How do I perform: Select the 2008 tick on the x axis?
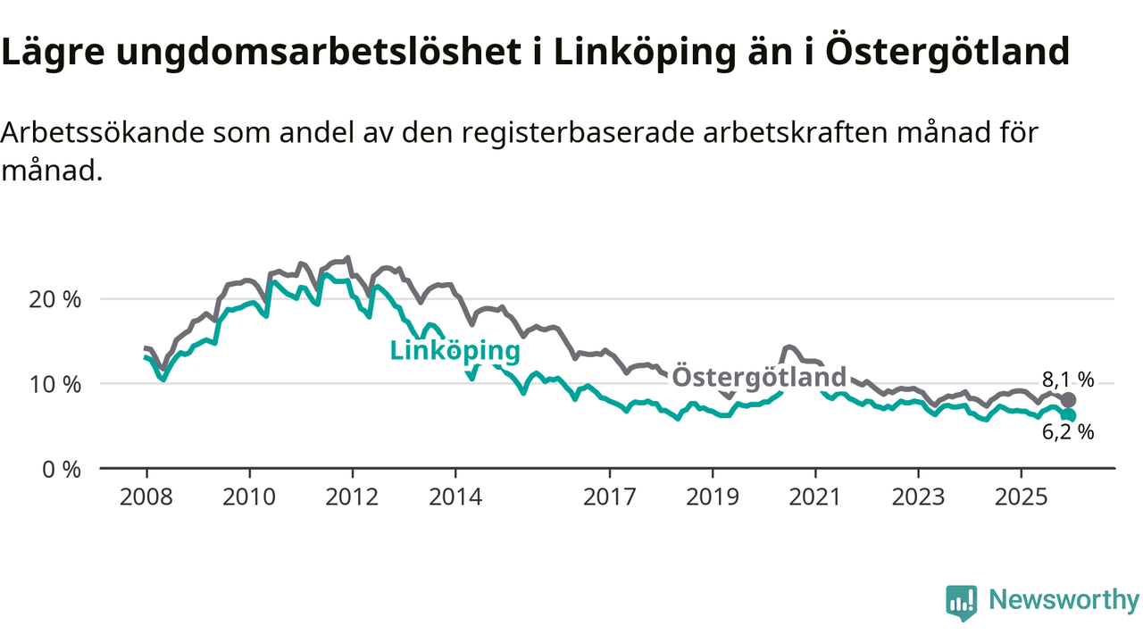tap(146, 497)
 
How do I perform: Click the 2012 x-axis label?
tap(352, 497)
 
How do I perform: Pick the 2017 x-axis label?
tap(609, 497)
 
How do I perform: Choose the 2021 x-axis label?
tap(814, 497)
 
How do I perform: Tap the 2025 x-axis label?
tap(1020, 497)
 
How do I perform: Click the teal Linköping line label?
tap(455, 351)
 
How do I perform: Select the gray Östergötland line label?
tap(758, 377)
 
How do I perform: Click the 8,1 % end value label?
tap(1067, 379)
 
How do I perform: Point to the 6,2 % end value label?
tap(1067, 433)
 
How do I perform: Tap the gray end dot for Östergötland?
tap(1069, 400)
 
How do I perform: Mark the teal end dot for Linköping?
tap(1069, 415)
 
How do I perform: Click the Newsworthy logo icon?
tap(961, 603)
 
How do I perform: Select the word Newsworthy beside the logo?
tap(1064, 600)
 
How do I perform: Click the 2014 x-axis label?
tap(455, 497)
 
